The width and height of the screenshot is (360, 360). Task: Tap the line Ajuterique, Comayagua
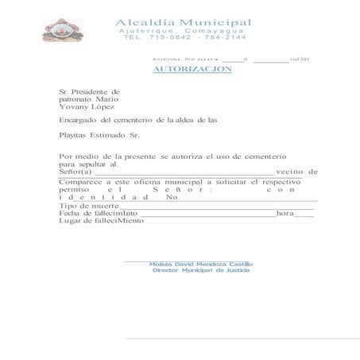(184, 29)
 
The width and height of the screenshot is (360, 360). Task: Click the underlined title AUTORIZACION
(192, 69)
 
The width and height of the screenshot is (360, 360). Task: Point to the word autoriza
(179, 157)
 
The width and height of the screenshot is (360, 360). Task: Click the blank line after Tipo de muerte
(215, 207)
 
